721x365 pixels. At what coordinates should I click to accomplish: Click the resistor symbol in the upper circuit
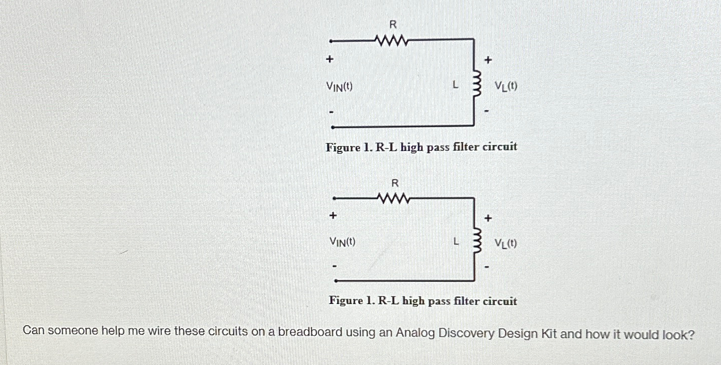click(x=390, y=39)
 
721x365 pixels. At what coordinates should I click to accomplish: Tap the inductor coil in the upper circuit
click(x=473, y=86)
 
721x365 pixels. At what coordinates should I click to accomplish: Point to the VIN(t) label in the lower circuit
click(x=343, y=242)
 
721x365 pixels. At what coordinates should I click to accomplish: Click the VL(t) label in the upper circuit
click(x=506, y=87)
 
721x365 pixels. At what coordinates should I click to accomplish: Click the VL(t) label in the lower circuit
click(x=505, y=244)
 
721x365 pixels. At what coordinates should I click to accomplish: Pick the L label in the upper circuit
click(x=455, y=86)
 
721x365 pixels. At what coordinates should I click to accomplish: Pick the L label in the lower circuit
click(x=455, y=242)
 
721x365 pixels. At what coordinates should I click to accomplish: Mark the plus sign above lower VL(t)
click(x=488, y=218)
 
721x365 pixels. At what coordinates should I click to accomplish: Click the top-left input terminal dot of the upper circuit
click(x=330, y=40)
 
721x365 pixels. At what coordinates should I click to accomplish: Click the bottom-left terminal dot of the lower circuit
click(x=336, y=280)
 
